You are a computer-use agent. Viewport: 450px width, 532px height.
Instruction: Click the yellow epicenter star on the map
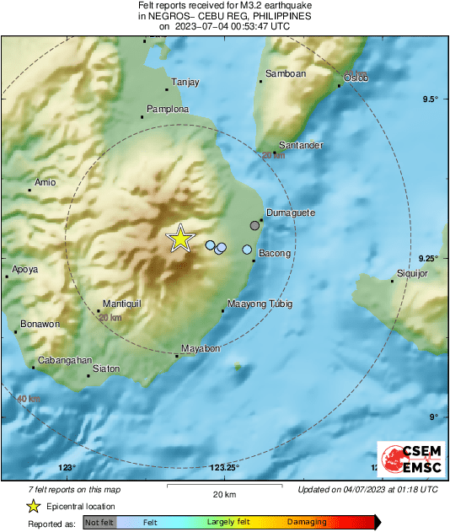click(x=179, y=239)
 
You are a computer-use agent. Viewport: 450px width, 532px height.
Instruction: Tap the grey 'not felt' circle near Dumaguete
click(x=255, y=225)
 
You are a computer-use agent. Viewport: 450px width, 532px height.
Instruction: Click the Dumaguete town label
click(x=290, y=212)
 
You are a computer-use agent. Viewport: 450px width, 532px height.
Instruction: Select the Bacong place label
click(x=274, y=253)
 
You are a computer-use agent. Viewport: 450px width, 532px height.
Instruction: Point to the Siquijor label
click(x=413, y=273)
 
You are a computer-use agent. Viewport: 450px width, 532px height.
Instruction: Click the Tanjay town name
click(x=185, y=82)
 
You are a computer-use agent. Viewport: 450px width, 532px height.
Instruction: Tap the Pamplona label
click(x=168, y=110)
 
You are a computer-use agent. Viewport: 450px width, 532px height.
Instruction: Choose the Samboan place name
click(x=285, y=74)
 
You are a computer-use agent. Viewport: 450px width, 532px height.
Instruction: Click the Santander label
click(x=300, y=145)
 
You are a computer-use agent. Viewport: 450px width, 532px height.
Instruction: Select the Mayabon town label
click(x=201, y=348)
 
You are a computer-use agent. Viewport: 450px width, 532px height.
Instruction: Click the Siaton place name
click(x=106, y=368)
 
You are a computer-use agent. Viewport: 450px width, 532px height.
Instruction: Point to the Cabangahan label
click(x=63, y=360)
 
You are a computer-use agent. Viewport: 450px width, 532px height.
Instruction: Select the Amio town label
click(x=44, y=183)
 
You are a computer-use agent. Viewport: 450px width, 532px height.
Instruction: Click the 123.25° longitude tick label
click(x=225, y=467)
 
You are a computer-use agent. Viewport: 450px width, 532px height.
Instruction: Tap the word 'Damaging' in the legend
click(x=307, y=523)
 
